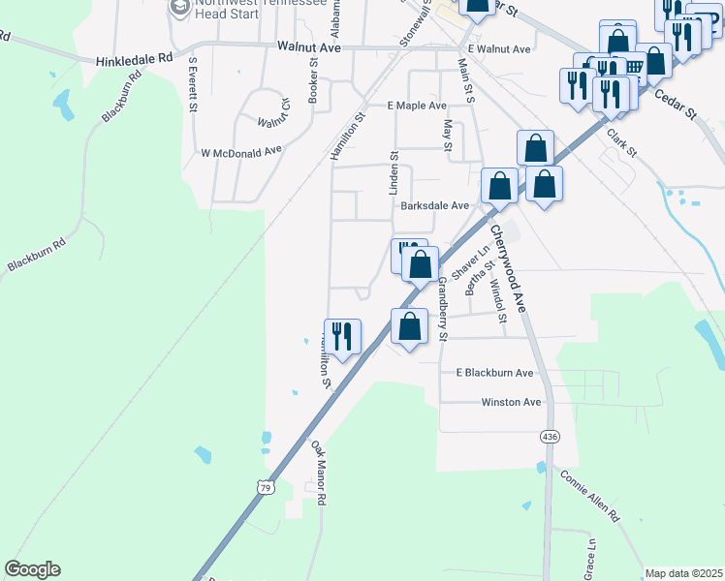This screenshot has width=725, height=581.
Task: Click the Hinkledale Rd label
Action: (134, 59)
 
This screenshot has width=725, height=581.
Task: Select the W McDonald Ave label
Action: (240, 152)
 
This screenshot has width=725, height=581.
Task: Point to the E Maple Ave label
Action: (417, 106)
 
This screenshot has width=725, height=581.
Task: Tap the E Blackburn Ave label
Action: (494, 373)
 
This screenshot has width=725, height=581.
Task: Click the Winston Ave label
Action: (511, 402)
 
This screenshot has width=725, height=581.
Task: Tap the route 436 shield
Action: (550, 437)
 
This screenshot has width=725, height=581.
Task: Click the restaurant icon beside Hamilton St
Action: (342, 337)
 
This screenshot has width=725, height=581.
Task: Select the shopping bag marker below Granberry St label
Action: (410, 326)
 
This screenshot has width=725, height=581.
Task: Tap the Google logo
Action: (32, 569)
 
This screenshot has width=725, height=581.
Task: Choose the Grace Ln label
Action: (589, 556)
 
